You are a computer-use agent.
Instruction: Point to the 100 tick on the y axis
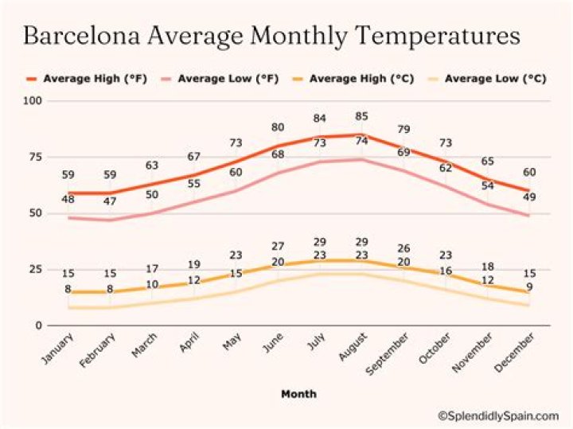(33, 101)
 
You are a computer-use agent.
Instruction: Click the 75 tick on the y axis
(37, 157)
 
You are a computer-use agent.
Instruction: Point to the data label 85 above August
(362, 116)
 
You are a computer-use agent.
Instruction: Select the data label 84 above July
(320, 119)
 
